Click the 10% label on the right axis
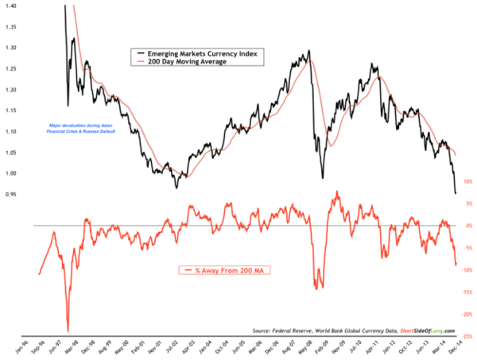(x=467, y=181)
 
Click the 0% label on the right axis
(x=468, y=226)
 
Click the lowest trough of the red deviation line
(x=68, y=331)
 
